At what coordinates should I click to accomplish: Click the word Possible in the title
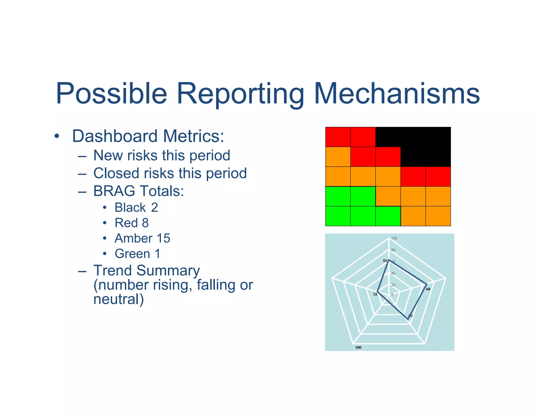pyautogui.click(x=111, y=93)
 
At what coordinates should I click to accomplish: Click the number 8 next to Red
pyautogui.click(x=145, y=223)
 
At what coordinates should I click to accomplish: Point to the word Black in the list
pyautogui.click(x=130, y=208)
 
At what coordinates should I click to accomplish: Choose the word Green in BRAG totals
pyautogui.click(x=132, y=254)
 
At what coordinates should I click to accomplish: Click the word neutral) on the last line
pyautogui.click(x=119, y=299)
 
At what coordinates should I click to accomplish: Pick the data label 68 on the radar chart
pyautogui.click(x=428, y=289)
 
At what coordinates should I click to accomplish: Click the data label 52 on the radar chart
pyautogui.click(x=384, y=261)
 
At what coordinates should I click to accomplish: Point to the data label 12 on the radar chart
pyautogui.click(x=375, y=294)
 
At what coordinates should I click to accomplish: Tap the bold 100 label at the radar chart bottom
pyautogui.click(x=358, y=348)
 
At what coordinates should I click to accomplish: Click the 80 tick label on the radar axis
pyautogui.click(x=393, y=250)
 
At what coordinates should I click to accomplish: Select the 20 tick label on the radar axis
pyautogui.click(x=393, y=285)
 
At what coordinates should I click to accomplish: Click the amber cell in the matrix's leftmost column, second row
pyautogui.click(x=338, y=157)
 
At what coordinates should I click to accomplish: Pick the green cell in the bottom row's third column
pyautogui.click(x=388, y=216)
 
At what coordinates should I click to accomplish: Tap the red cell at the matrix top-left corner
pyautogui.click(x=338, y=137)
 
